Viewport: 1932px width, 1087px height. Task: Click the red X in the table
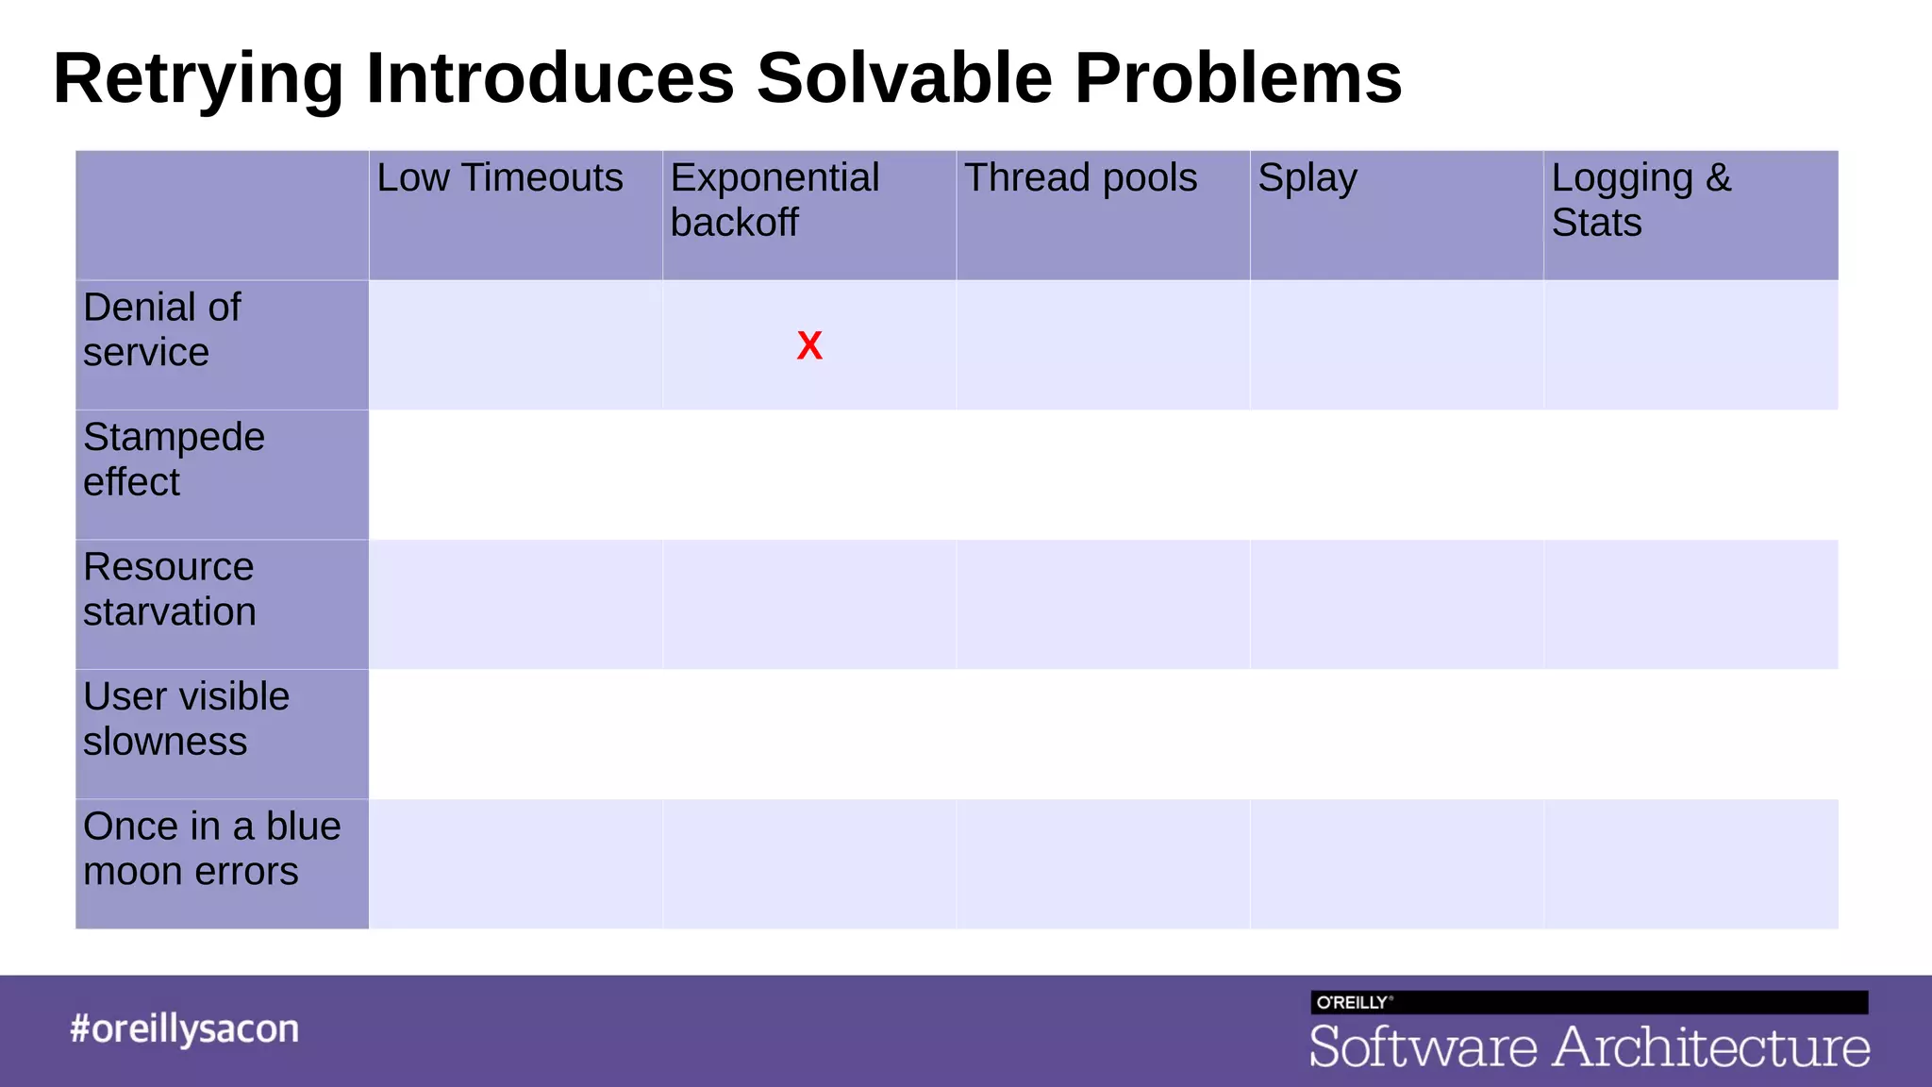click(x=809, y=345)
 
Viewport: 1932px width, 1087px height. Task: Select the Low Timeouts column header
click(x=500, y=178)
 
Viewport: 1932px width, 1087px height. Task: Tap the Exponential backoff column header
click(x=774, y=200)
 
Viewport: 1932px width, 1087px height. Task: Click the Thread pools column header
click(x=1080, y=178)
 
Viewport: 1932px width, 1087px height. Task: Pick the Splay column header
click(x=1307, y=178)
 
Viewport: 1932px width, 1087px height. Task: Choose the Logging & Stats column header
click(x=1641, y=200)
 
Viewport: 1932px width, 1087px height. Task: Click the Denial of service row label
click(x=161, y=329)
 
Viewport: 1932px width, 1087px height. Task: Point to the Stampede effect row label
click(x=174, y=460)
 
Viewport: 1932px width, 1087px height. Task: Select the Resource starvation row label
click(x=169, y=589)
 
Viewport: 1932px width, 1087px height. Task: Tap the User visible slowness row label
click(x=186, y=719)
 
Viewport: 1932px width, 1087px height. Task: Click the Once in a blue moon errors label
click(x=211, y=848)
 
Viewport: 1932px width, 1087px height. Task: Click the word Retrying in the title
click(x=198, y=79)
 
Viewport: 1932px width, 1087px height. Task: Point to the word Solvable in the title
click(x=904, y=77)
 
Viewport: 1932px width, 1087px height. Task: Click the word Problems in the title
click(x=1238, y=77)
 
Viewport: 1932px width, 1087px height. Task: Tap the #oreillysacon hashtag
click(x=184, y=1028)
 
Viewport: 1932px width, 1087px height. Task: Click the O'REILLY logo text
click(x=1352, y=1002)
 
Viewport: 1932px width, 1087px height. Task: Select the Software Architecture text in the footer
click(x=1589, y=1047)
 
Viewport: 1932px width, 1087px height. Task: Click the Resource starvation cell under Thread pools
click(x=1103, y=604)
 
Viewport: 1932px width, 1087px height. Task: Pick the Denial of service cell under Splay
click(x=1396, y=344)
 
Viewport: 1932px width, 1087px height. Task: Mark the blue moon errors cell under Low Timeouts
click(x=515, y=863)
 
